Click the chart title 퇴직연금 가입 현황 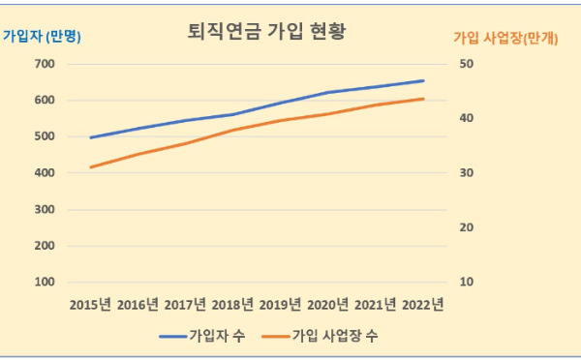(x=266, y=31)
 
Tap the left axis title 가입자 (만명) (x=41, y=37)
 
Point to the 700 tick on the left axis (x=45, y=64)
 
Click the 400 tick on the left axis (x=45, y=173)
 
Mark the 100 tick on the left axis (x=45, y=283)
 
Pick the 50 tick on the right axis (x=467, y=64)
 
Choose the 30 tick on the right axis (x=467, y=173)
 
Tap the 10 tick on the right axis (x=467, y=283)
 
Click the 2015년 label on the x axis (x=91, y=305)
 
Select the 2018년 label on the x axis (x=233, y=305)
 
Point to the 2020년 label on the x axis (x=328, y=305)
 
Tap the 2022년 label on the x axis (x=423, y=305)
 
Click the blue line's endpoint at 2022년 (x=423, y=80)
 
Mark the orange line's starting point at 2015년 (x=91, y=167)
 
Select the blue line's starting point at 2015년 (x=91, y=137)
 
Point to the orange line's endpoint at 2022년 (x=423, y=99)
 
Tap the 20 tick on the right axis (x=467, y=227)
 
